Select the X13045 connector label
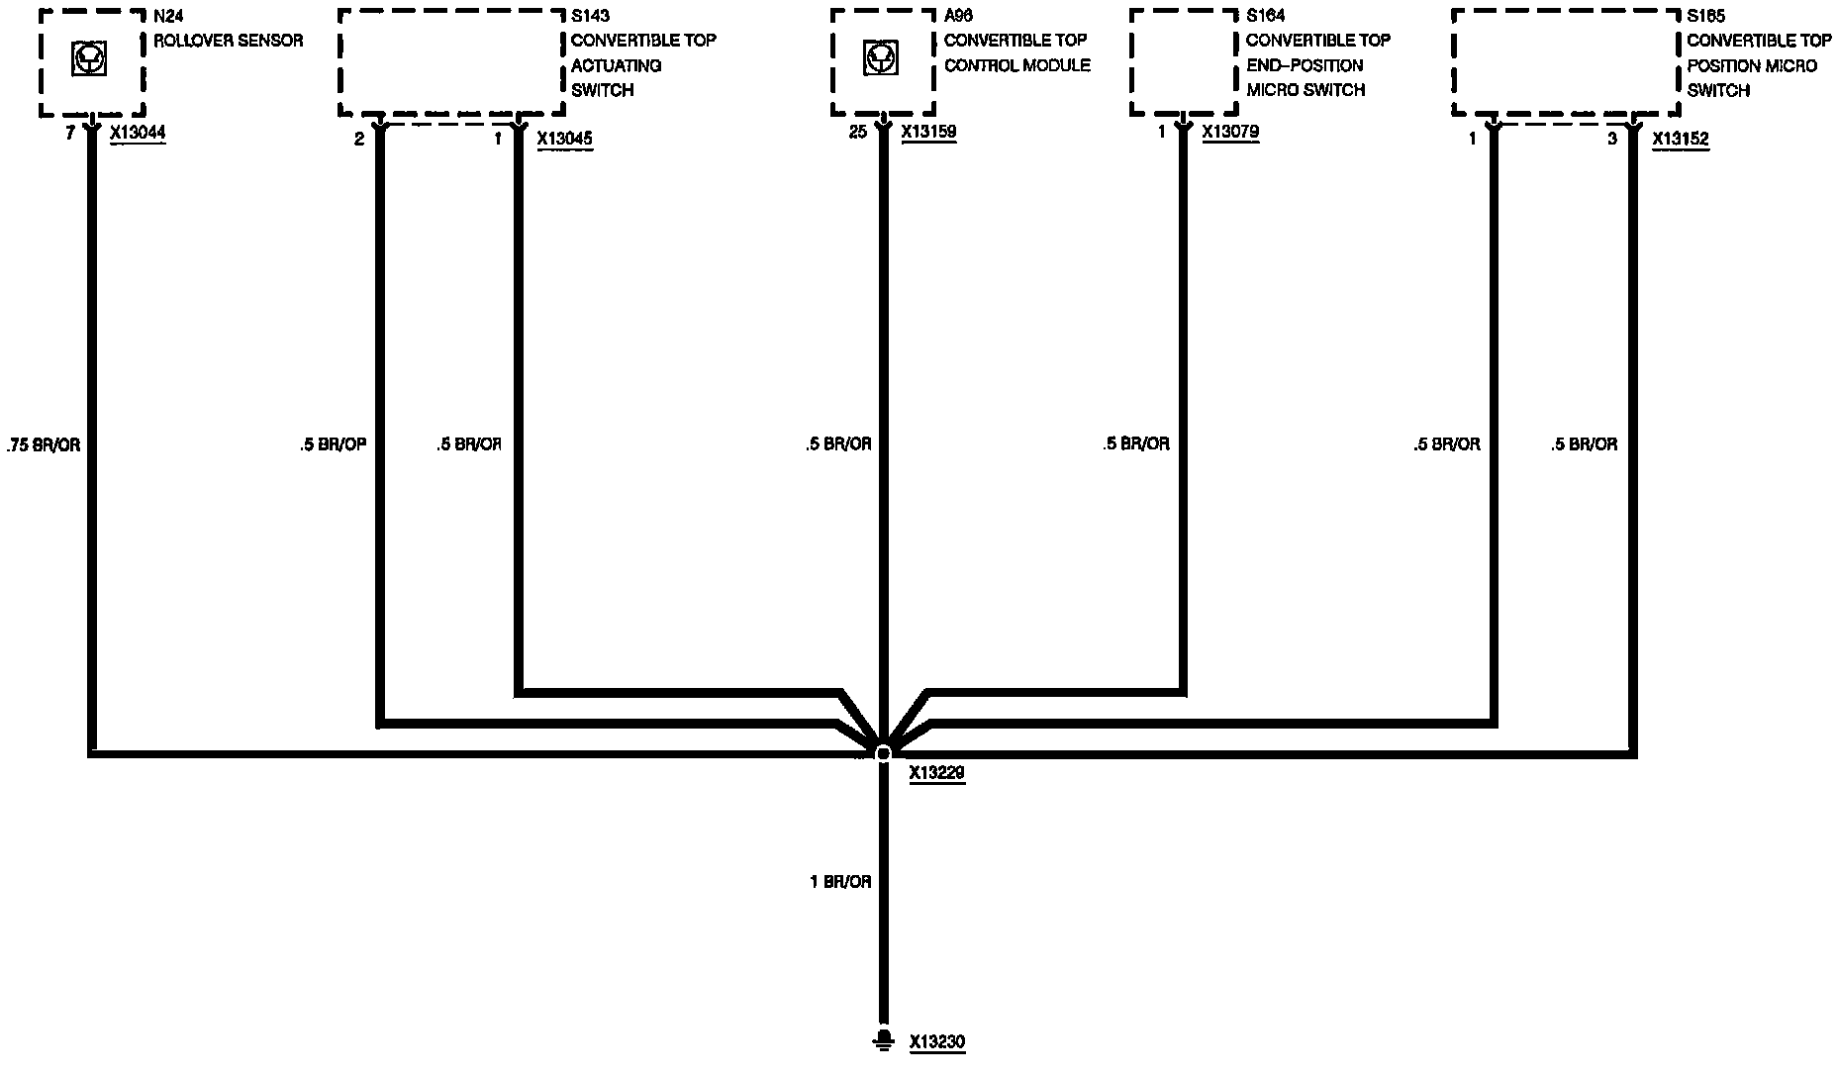tap(564, 139)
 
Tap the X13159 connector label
tap(928, 132)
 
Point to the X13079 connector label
tap(1230, 132)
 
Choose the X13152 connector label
tap(1681, 140)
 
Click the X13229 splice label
tap(936, 774)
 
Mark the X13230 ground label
tap(936, 1041)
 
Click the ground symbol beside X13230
tap(882, 1039)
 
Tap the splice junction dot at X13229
tap(883, 753)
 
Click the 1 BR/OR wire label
tap(840, 881)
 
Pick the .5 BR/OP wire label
tap(333, 444)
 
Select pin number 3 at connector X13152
tap(1611, 140)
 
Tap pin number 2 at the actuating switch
tap(359, 140)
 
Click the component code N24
tap(168, 16)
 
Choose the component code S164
tap(1265, 16)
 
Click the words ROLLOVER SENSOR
tap(228, 41)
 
